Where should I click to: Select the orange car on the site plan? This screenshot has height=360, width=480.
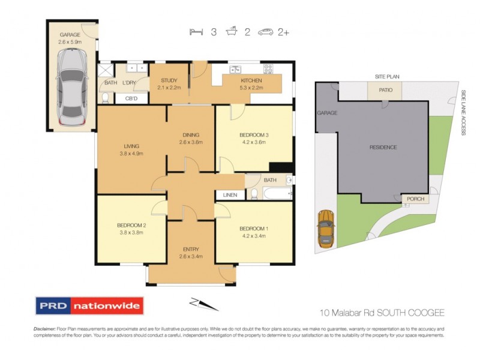[326, 229]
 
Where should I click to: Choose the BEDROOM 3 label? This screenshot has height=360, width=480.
[254, 134]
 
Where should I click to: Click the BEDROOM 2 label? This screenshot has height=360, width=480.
[131, 226]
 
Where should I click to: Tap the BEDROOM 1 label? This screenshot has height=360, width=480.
[254, 228]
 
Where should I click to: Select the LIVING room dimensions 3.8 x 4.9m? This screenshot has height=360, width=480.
[131, 154]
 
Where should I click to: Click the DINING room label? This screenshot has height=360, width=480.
[191, 134]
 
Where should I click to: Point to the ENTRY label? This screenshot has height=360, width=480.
[191, 249]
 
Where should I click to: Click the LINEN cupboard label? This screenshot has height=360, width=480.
[230, 195]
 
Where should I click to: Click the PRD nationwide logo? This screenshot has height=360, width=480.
[89, 305]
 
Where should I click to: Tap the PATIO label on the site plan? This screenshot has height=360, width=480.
[385, 91]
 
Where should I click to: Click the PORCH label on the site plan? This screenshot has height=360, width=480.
[415, 199]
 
